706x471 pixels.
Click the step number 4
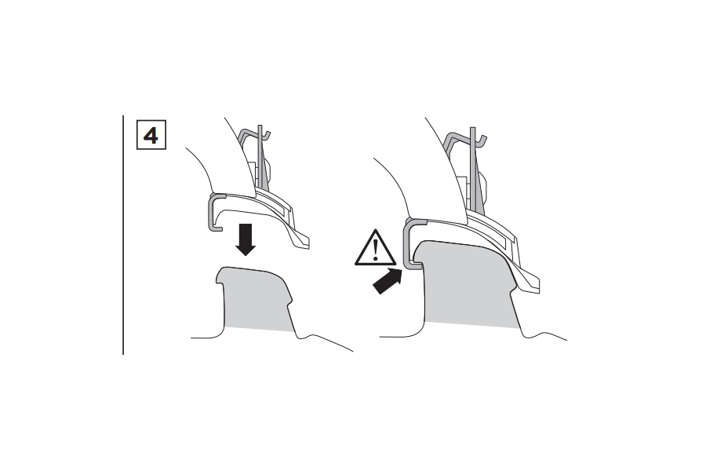point(151,135)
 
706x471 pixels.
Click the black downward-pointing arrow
point(246,239)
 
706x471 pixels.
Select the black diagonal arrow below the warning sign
point(388,280)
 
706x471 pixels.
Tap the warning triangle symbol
point(375,248)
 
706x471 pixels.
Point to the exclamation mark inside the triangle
point(376,250)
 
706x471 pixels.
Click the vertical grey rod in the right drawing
point(473,169)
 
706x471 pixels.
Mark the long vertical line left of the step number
point(123,235)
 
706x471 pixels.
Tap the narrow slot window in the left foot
point(275,203)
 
